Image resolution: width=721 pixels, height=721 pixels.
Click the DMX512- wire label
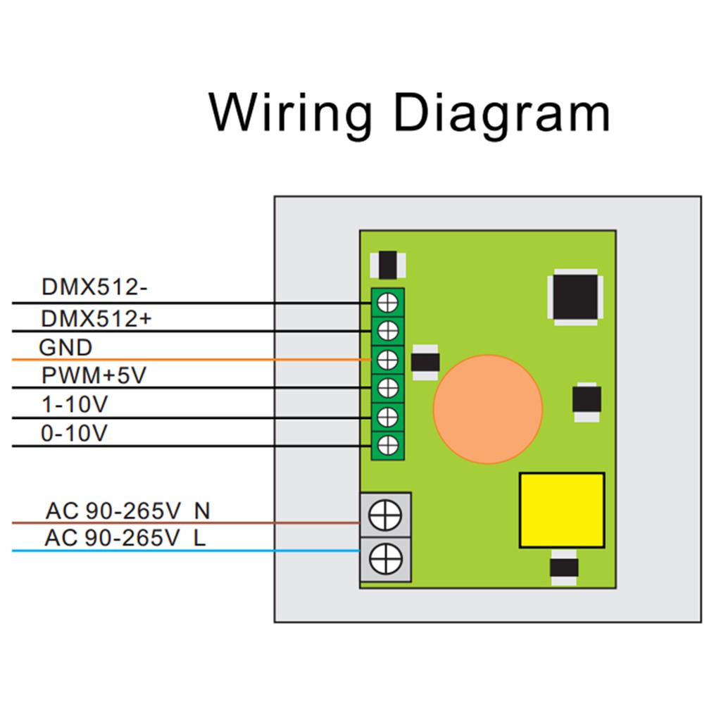[94, 288]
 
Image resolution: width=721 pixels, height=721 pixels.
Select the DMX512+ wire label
[96, 318]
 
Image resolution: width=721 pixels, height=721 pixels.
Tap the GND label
[65, 348]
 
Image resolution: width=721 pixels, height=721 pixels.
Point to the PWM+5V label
[94, 376]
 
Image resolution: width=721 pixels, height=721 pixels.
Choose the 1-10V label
[75, 406]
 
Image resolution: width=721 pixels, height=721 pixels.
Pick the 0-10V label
[75, 434]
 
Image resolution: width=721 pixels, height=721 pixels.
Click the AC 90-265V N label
[127, 510]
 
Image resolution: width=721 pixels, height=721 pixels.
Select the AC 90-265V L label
[125, 539]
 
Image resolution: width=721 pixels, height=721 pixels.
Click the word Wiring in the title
[291, 113]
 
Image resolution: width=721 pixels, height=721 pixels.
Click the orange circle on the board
[488, 409]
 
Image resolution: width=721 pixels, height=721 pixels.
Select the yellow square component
[562, 510]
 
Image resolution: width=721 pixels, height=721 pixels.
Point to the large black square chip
[576, 296]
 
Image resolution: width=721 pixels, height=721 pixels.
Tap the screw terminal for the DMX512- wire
[388, 302]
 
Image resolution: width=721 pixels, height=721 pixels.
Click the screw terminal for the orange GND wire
[388, 360]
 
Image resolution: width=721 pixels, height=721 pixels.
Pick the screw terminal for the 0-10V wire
[388, 445]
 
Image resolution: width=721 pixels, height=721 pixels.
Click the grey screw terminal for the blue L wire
[385, 560]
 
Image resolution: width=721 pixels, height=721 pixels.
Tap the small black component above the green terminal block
[387, 265]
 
